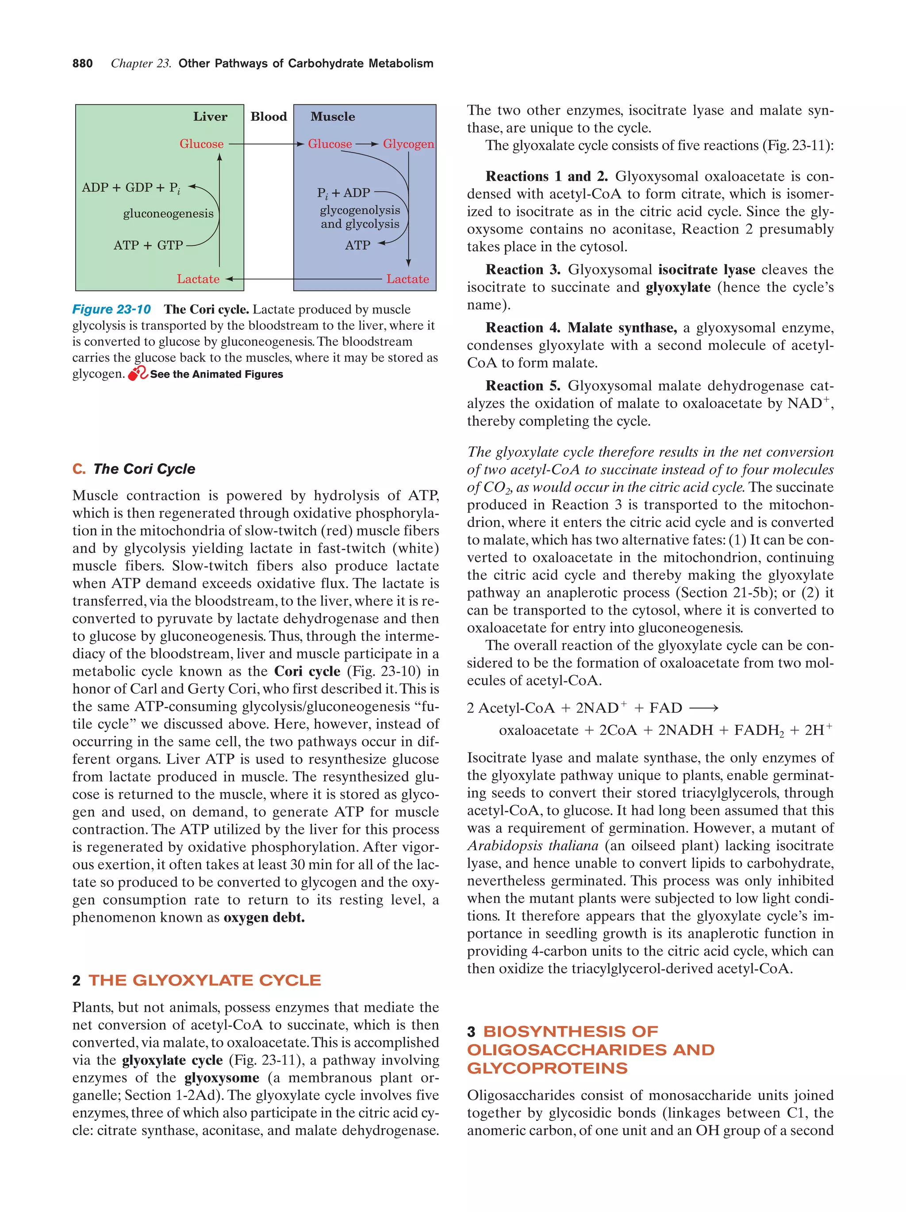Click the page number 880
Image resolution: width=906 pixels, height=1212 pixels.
click(82, 64)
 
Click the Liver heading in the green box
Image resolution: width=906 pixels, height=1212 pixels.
click(210, 117)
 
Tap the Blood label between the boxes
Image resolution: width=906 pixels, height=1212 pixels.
click(269, 117)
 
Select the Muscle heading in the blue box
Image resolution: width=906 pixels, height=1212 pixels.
click(332, 117)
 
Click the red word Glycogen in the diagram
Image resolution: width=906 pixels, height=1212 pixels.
click(408, 144)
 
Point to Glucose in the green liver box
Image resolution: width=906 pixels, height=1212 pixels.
click(201, 144)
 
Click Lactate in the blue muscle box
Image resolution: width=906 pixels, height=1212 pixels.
click(407, 279)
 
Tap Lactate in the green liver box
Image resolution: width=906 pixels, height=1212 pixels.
click(198, 279)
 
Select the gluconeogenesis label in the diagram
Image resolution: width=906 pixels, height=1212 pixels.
click(168, 214)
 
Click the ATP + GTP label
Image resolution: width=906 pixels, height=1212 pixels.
click(148, 245)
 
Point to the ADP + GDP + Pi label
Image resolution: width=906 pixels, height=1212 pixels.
click(131, 188)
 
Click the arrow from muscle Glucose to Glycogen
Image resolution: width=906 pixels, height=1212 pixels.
click(367, 144)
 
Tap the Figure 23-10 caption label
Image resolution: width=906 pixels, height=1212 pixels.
click(111, 310)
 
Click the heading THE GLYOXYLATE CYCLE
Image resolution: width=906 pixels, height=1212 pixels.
click(204, 980)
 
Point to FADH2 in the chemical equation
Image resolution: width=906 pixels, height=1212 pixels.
click(759, 730)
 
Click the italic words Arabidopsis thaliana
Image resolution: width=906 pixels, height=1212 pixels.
click(532, 845)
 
